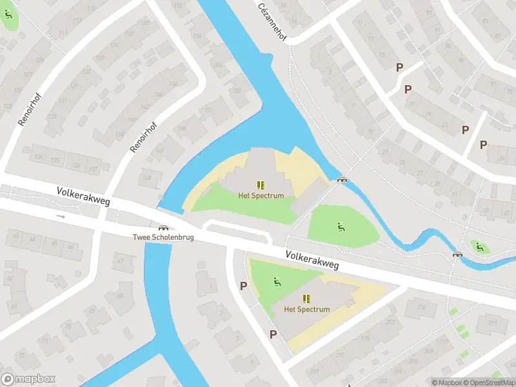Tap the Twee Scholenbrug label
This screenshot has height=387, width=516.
click(163, 237)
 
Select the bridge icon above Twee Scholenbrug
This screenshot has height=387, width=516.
click(163, 227)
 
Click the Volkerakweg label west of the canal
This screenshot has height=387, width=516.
click(83, 197)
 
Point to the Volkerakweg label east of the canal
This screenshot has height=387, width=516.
click(312, 261)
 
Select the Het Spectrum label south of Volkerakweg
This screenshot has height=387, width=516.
click(307, 309)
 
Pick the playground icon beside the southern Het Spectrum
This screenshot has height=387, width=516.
click(277, 281)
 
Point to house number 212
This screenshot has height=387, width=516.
click(422, 308)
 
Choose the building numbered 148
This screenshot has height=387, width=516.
click(148, 178)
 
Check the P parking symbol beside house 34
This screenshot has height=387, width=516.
click(483, 144)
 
